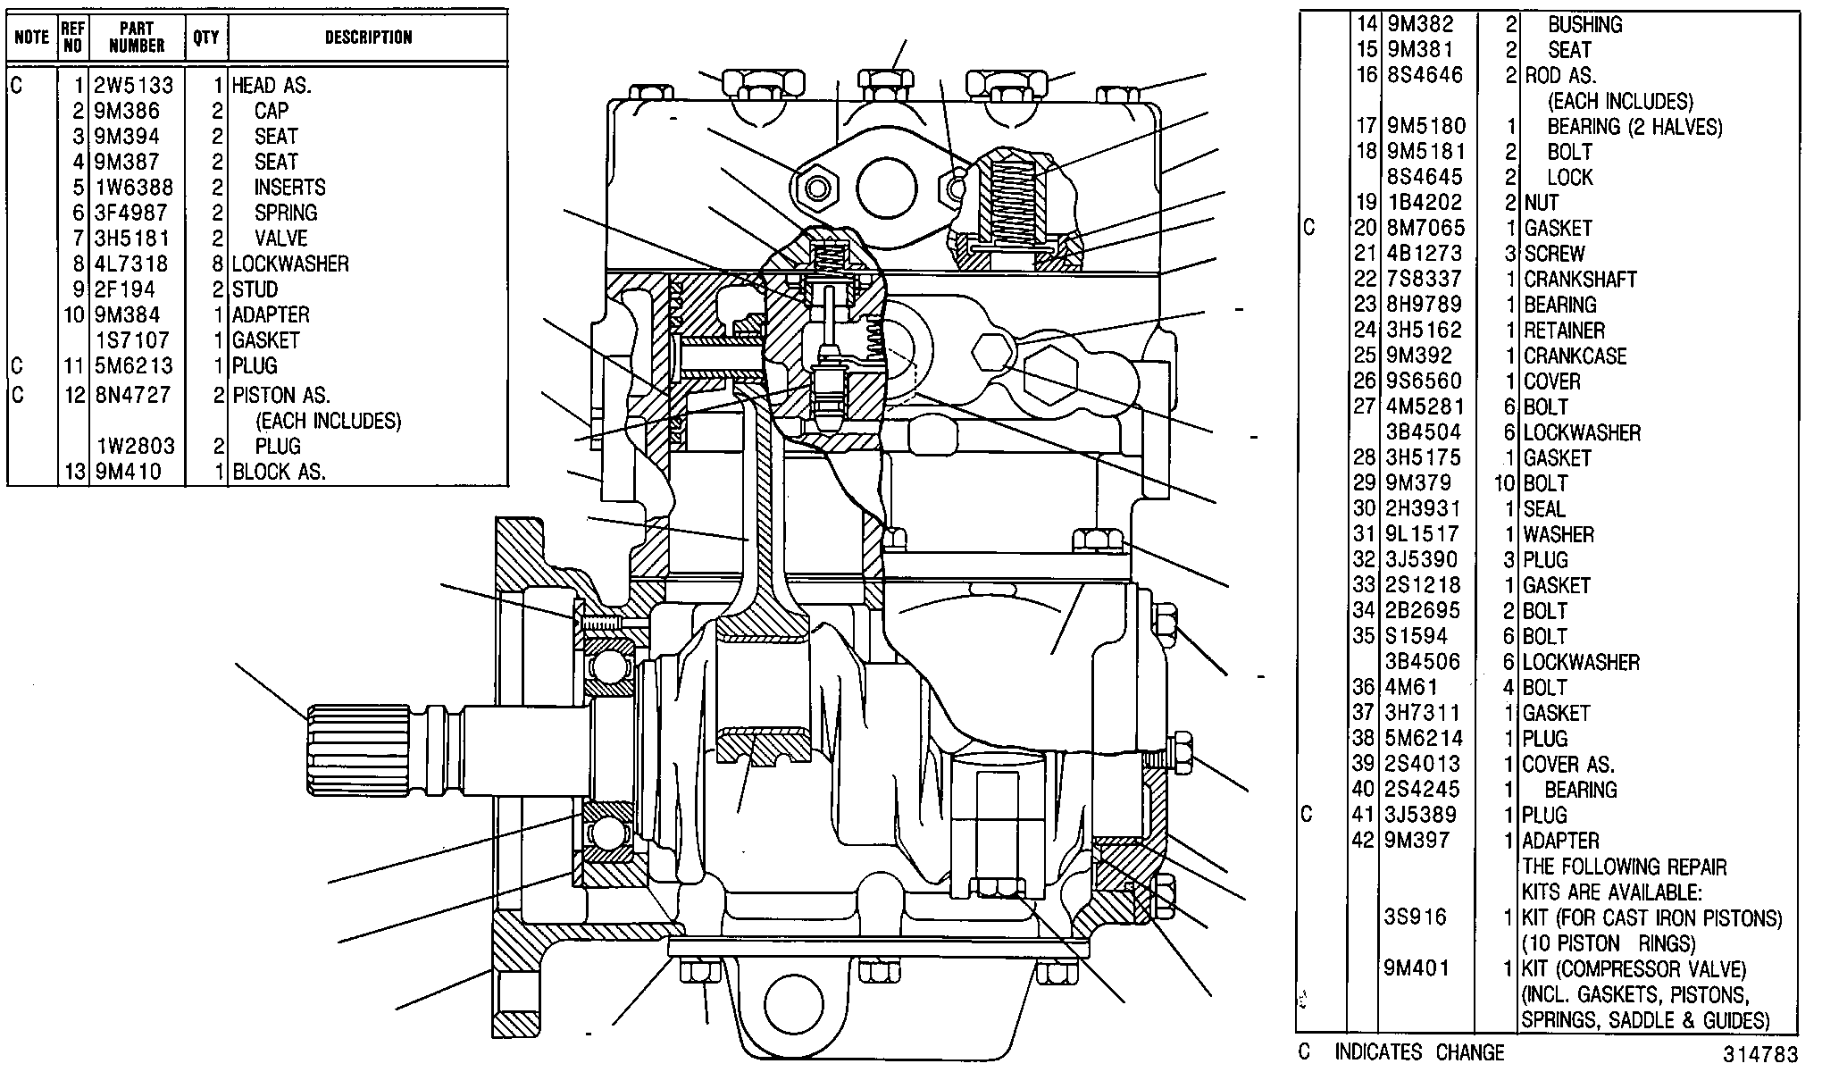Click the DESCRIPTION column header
click(x=368, y=38)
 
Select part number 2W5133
click(x=133, y=85)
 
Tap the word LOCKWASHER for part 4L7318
click(x=290, y=264)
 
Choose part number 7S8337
click(x=1425, y=279)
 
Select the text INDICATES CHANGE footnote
click(x=1419, y=1052)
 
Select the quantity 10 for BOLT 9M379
click(x=1505, y=483)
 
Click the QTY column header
click(x=205, y=38)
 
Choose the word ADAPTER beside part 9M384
click(x=271, y=314)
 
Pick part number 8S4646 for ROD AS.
click(x=1425, y=75)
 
